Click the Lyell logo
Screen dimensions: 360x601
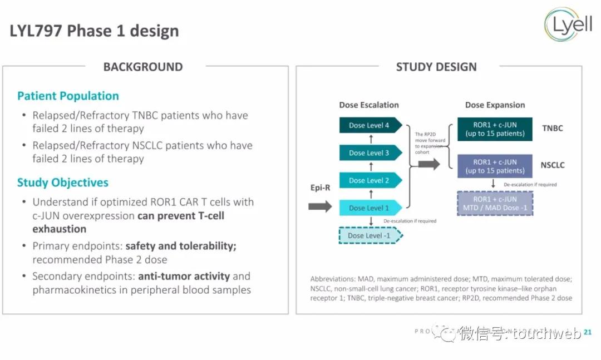pyautogui.click(x=568, y=25)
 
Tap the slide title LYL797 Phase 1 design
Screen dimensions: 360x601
pyautogui.click(x=94, y=31)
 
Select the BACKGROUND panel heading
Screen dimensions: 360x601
pyautogui.click(x=143, y=67)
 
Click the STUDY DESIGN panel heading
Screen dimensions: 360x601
pyautogui.click(x=436, y=67)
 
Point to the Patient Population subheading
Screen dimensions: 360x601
pyautogui.click(x=68, y=96)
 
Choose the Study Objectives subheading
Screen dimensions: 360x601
pyautogui.click(x=63, y=183)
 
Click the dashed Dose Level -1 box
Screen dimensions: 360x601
pyautogui.click(x=370, y=235)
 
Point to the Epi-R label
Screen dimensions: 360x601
pyautogui.click(x=320, y=188)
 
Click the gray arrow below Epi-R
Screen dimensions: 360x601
pyautogui.click(x=320, y=207)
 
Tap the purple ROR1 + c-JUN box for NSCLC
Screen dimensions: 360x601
pyautogui.click(x=494, y=166)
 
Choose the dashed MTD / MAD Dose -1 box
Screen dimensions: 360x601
pyautogui.click(x=494, y=204)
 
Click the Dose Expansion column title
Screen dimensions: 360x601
pyautogui.click(x=495, y=105)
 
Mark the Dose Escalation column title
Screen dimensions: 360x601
pyautogui.click(x=369, y=105)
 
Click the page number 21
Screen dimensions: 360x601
pyautogui.click(x=588, y=332)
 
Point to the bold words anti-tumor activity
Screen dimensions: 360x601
pyautogui.click(x=184, y=276)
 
